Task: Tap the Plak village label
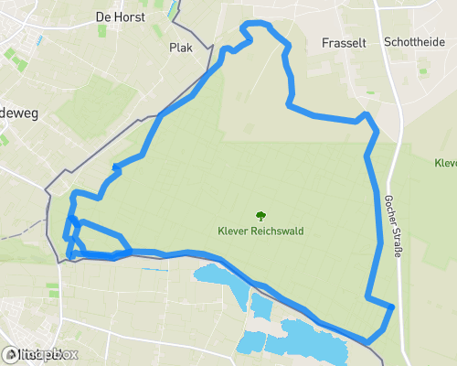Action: coord(181,48)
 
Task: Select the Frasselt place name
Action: coord(345,43)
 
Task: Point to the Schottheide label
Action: coord(414,42)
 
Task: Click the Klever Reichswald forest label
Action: coord(260,231)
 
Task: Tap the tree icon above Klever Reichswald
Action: coord(260,216)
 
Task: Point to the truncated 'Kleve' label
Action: coord(446,163)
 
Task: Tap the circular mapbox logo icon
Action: coord(11,354)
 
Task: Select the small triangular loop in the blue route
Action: coord(75,237)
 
